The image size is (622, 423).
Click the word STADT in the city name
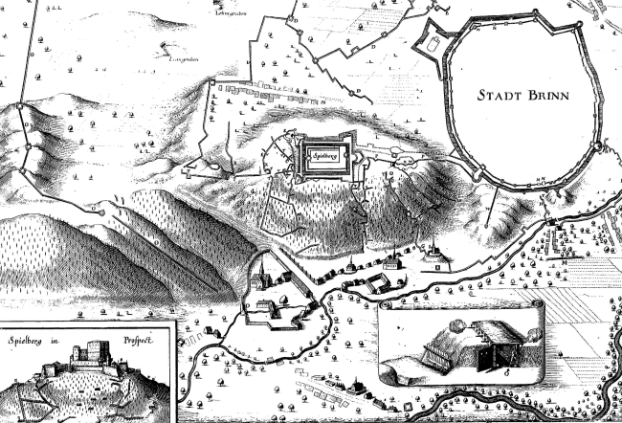click(502, 95)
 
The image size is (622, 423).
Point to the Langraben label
click(185, 58)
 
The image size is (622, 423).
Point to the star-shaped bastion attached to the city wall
click(433, 42)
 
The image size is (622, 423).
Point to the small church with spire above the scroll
click(394, 259)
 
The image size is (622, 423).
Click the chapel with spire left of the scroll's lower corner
click(356, 387)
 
